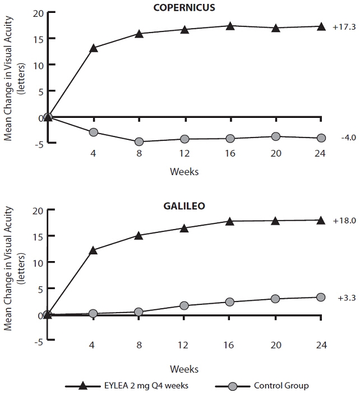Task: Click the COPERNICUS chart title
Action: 184,8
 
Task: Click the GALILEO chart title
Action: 184,205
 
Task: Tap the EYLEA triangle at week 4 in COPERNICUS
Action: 94,48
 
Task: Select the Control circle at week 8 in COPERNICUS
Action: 139,141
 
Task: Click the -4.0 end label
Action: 348,138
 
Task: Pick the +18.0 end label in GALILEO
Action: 345,221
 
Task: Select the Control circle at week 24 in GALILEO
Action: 321,297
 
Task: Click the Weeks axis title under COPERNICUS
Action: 184,171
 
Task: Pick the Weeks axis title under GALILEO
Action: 184,369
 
